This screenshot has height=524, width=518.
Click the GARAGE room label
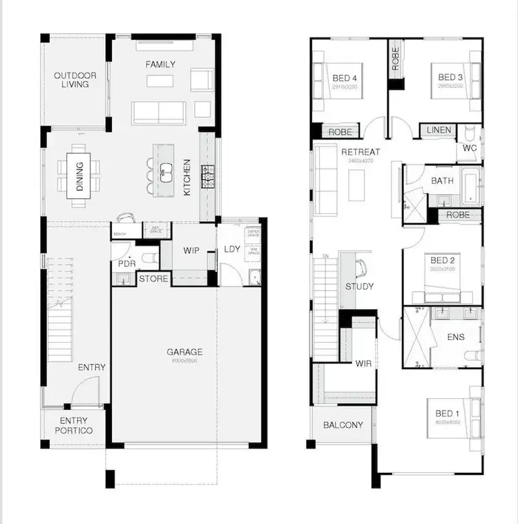pyautogui.click(x=184, y=352)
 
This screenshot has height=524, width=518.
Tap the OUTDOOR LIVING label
pyautogui.click(x=75, y=79)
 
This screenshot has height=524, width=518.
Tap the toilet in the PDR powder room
pyautogui.click(x=147, y=259)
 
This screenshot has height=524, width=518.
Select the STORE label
pyautogui.click(x=153, y=279)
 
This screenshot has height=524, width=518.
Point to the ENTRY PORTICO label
pyautogui.click(x=73, y=426)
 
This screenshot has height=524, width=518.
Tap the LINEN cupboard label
pyautogui.click(x=439, y=130)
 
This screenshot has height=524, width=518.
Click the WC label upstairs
pyautogui.click(x=469, y=148)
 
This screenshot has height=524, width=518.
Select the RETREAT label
pyautogui.click(x=360, y=152)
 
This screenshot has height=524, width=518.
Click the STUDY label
pyautogui.click(x=359, y=286)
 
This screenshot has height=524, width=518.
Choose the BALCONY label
pyautogui.click(x=343, y=425)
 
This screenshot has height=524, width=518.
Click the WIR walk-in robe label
pyautogui.click(x=363, y=363)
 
